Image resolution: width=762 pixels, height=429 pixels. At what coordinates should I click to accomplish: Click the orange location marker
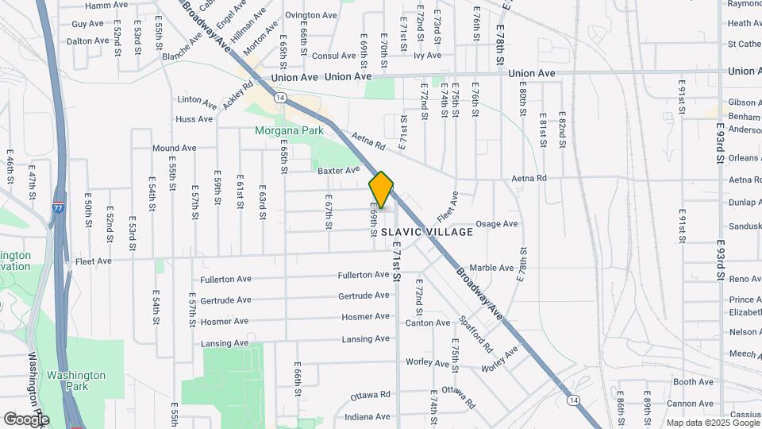(x=382, y=190)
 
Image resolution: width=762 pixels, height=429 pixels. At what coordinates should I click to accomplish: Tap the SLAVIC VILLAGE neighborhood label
(x=427, y=232)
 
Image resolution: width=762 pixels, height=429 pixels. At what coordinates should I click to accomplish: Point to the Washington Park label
(x=75, y=381)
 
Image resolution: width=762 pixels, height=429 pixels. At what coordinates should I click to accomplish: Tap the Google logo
(x=27, y=419)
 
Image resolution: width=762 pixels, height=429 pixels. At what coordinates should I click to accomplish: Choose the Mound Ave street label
(x=174, y=149)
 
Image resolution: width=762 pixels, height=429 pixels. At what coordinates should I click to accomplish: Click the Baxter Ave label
(x=339, y=170)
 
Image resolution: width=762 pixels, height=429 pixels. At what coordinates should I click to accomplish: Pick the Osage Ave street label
(x=497, y=224)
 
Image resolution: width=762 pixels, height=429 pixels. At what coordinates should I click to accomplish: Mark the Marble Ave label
(x=492, y=268)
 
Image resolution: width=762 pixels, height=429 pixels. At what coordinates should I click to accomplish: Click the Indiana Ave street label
(x=368, y=416)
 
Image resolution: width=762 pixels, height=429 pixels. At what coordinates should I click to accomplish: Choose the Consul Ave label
(x=333, y=56)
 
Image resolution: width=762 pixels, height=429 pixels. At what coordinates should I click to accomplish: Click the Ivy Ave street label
(x=427, y=56)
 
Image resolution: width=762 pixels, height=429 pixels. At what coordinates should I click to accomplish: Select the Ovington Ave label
(x=311, y=15)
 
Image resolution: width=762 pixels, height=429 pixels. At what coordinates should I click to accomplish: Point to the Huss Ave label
(x=194, y=119)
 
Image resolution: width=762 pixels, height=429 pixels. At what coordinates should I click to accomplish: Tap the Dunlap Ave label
(x=745, y=203)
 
